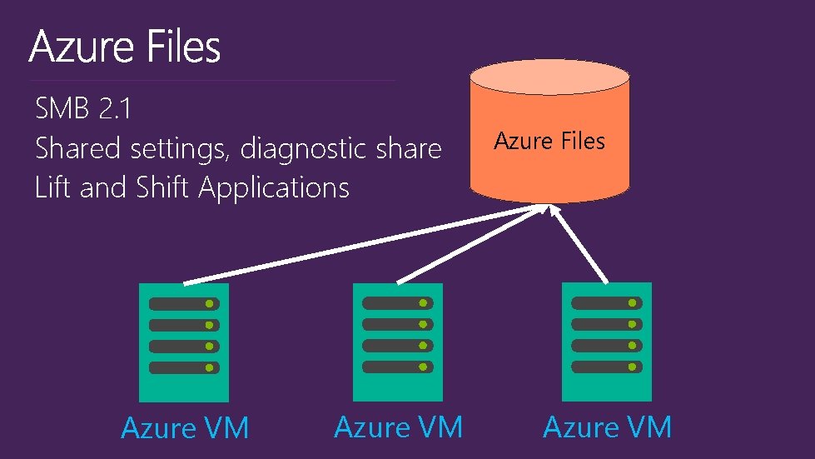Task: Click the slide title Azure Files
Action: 125,47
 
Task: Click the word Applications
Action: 274,188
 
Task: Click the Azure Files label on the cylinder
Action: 549,142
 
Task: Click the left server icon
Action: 183,342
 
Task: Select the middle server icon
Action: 397,342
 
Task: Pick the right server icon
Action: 607,342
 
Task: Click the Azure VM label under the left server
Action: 185,428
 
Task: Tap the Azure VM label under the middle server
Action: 398,427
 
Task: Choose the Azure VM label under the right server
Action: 607,427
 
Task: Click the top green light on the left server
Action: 210,304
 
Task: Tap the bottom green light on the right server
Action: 633,367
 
